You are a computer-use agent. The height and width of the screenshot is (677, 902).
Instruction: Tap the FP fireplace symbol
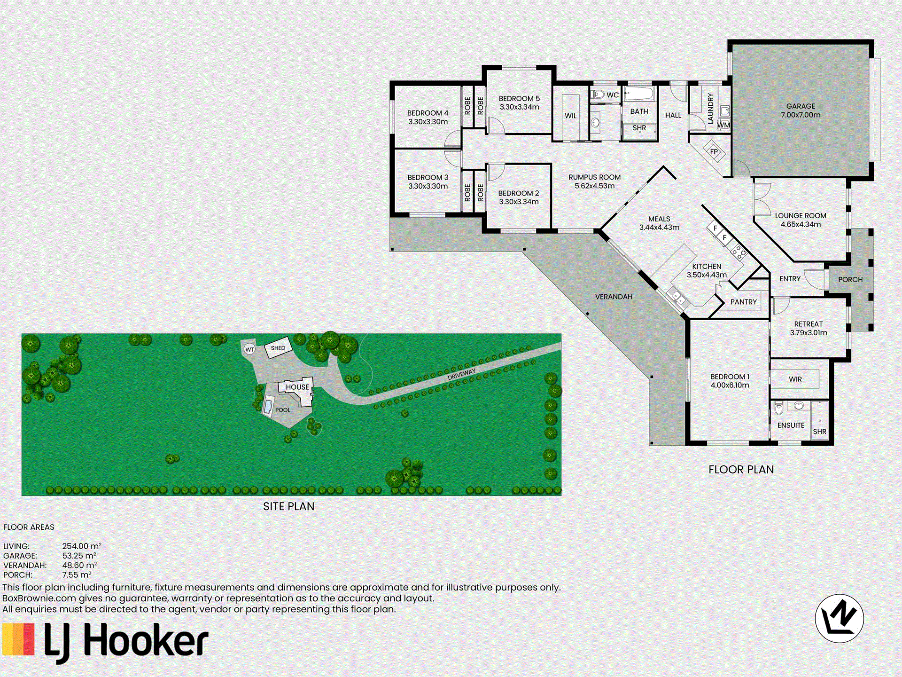coord(714,151)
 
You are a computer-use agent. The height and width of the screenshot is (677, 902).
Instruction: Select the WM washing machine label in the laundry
coord(723,125)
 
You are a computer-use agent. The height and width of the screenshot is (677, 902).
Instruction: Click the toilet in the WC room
coord(597,94)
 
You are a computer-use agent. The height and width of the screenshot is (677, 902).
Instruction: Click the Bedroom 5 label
coord(519,98)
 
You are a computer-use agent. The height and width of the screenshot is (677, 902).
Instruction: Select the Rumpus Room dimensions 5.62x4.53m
coord(594,186)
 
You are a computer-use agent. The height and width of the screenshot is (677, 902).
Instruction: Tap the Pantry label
coord(743,302)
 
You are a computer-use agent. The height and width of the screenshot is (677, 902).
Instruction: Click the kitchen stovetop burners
coord(738,252)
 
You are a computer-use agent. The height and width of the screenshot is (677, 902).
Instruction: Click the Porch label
coord(850,279)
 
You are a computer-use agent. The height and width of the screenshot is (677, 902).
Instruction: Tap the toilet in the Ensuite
coord(778,409)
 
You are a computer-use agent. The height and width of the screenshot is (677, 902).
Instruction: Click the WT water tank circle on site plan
coord(249,349)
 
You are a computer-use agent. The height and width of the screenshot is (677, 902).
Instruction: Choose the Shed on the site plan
coord(278,348)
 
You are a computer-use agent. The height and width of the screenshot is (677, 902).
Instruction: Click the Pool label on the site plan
coord(282,410)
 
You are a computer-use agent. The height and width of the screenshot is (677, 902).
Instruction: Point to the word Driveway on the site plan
coord(461,374)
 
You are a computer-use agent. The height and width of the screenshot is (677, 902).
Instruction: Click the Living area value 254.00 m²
coord(82,546)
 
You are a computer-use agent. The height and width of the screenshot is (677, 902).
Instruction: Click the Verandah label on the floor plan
coord(614,297)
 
